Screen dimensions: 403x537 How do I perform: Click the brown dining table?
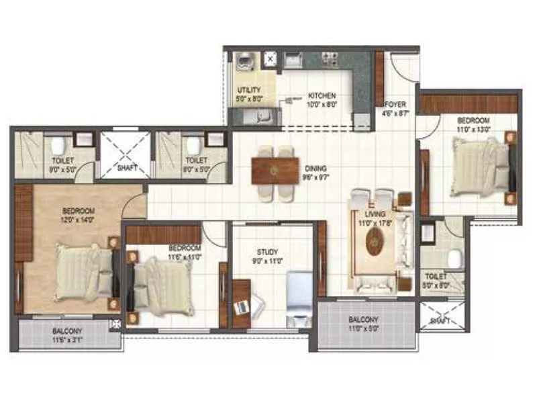(x=275, y=169)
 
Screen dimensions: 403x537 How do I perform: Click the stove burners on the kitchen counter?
(x=330, y=58)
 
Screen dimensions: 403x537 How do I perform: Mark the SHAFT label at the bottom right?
(x=440, y=321)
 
